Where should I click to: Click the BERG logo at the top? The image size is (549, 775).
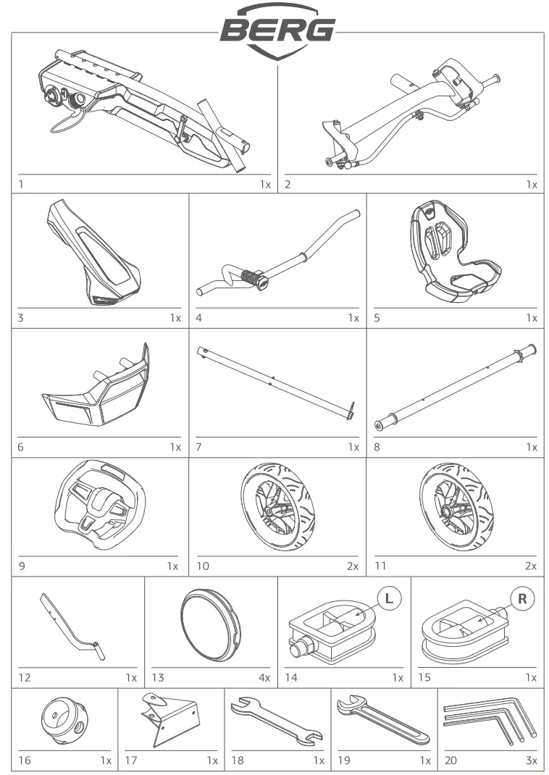(x=277, y=29)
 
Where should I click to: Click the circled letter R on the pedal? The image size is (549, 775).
(x=521, y=598)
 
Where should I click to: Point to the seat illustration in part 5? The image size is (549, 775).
(x=454, y=250)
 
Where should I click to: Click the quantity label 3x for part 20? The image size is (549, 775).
(x=531, y=761)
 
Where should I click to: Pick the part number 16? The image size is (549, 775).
(x=25, y=761)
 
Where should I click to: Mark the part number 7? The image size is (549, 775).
(x=198, y=447)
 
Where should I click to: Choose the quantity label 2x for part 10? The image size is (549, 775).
(x=353, y=566)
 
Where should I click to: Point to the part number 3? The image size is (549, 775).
(x=20, y=317)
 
